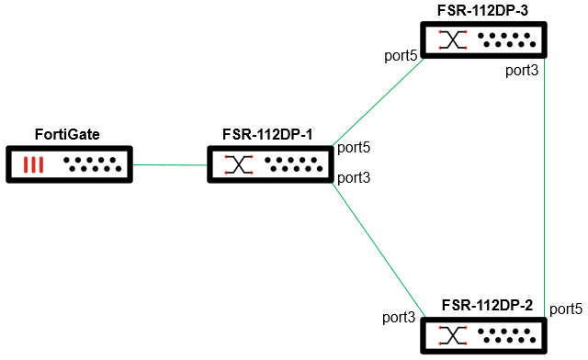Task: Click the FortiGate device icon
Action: [68, 165]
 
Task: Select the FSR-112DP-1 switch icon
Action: [268, 165]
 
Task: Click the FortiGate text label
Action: [67, 135]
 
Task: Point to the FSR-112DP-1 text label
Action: [267, 135]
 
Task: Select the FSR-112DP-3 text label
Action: [484, 10]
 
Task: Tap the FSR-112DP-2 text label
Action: [487, 304]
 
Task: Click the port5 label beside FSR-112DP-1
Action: [354, 147]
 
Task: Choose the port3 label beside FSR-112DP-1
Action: [354, 177]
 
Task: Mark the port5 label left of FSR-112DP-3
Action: [401, 55]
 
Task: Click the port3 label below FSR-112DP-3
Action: [521, 71]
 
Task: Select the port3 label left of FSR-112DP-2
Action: [400, 318]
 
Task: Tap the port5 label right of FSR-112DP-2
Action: [566, 308]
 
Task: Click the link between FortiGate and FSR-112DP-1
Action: [169, 165]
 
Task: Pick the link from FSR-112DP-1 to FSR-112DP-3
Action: [377, 99]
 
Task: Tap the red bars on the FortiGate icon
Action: [34, 165]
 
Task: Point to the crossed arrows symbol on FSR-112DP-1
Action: [239, 165]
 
